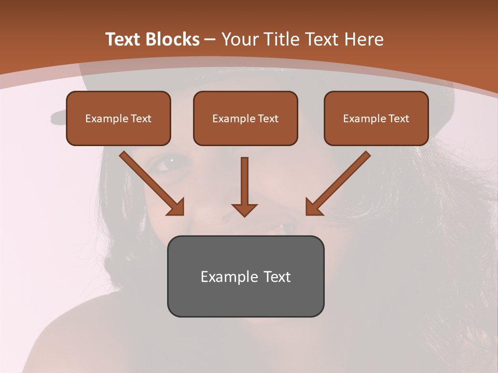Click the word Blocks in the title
point(172,39)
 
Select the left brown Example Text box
point(118,118)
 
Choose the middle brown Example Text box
point(245,118)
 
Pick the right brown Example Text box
point(376,118)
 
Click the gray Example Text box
point(245,276)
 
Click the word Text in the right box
point(398,119)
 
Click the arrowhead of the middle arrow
point(244,209)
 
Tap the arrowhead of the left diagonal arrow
point(176,207)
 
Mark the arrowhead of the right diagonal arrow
point(313,207)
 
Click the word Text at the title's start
point(125,39)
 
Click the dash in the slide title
point(210,39)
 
